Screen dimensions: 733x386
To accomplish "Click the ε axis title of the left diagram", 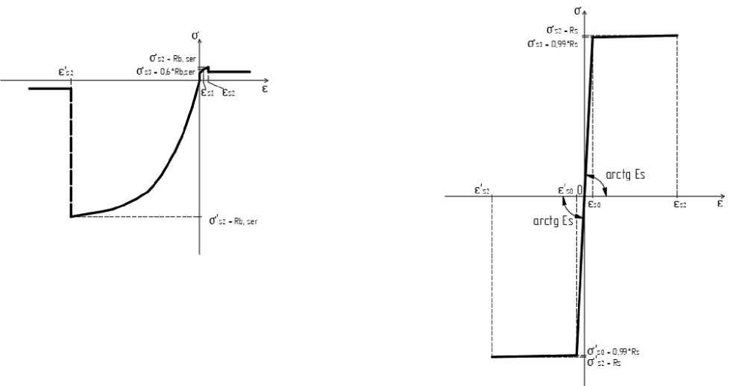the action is click(265, 87).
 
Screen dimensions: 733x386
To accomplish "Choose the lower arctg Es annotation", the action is click(553, 221).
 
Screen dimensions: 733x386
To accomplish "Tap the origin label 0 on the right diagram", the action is click(579, 189).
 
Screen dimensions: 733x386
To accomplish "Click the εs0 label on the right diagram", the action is click(595, 203).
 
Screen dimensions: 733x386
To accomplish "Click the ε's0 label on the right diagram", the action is click(566, 189).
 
